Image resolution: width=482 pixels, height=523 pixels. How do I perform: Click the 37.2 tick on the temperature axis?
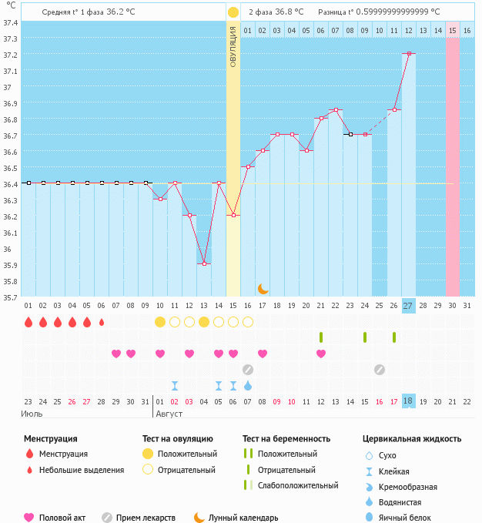pyautogui.click(x=11, y=55)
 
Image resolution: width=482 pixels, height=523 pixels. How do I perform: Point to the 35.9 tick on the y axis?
pyautogui.click(x=11, y=265)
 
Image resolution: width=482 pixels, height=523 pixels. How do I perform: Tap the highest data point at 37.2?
pyautogui.click(x=408, y=54)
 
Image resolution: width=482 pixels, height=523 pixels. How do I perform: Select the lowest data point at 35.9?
pyautogui.click(x=204, y=264)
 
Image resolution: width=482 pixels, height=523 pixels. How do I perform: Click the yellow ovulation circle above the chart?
pyautogui.click(x=233, y=12)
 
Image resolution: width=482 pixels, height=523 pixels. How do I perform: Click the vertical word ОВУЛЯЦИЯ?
pyautogui.click(x=233, y=47)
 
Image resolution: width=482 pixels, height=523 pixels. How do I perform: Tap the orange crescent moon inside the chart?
pyautogui.click(x=263, y=288)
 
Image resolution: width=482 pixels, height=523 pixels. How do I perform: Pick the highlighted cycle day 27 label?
pyautogui.click(x=408, y=305)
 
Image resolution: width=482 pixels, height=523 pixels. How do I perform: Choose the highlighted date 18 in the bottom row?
pyautogui.click(x=408, y=401)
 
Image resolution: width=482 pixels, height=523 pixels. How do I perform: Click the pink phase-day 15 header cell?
pyautogui.click(x=452, y=31)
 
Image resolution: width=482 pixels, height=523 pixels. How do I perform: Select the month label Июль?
pyautogui.click(x=32, y=414)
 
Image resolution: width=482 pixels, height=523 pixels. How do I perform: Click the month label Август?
pyautogui.click(x=169, y=414)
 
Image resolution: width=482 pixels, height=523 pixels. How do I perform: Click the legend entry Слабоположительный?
pyautogui.click(x=298, y=485)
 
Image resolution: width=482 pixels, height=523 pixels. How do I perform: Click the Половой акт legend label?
pyautogui.click(x=64, y=518)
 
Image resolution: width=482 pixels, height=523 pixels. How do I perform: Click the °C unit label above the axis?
pyautogui.click(x=11, y=6)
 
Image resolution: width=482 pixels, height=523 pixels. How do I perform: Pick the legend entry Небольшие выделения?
pyautogui.click(x=82, y=470)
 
